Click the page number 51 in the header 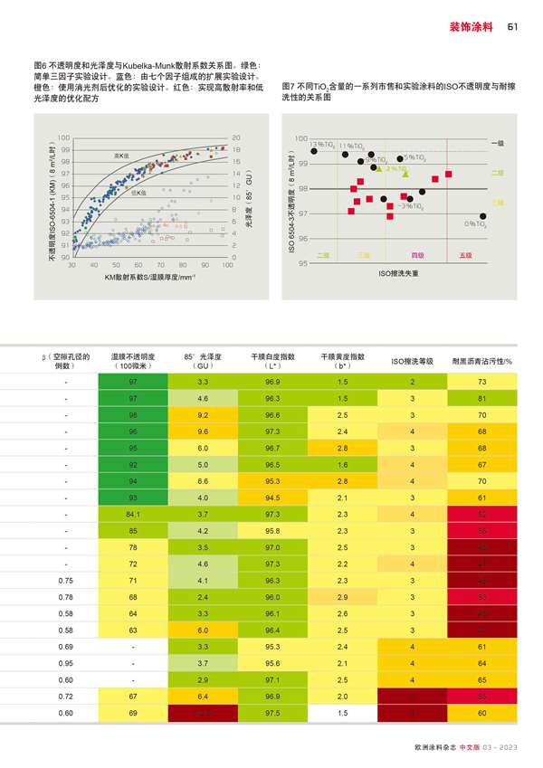511,26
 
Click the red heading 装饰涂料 471,26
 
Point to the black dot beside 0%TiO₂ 483,216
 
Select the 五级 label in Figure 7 466,256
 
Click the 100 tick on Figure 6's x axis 227,265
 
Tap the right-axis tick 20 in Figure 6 236,138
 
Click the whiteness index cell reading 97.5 272,713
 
